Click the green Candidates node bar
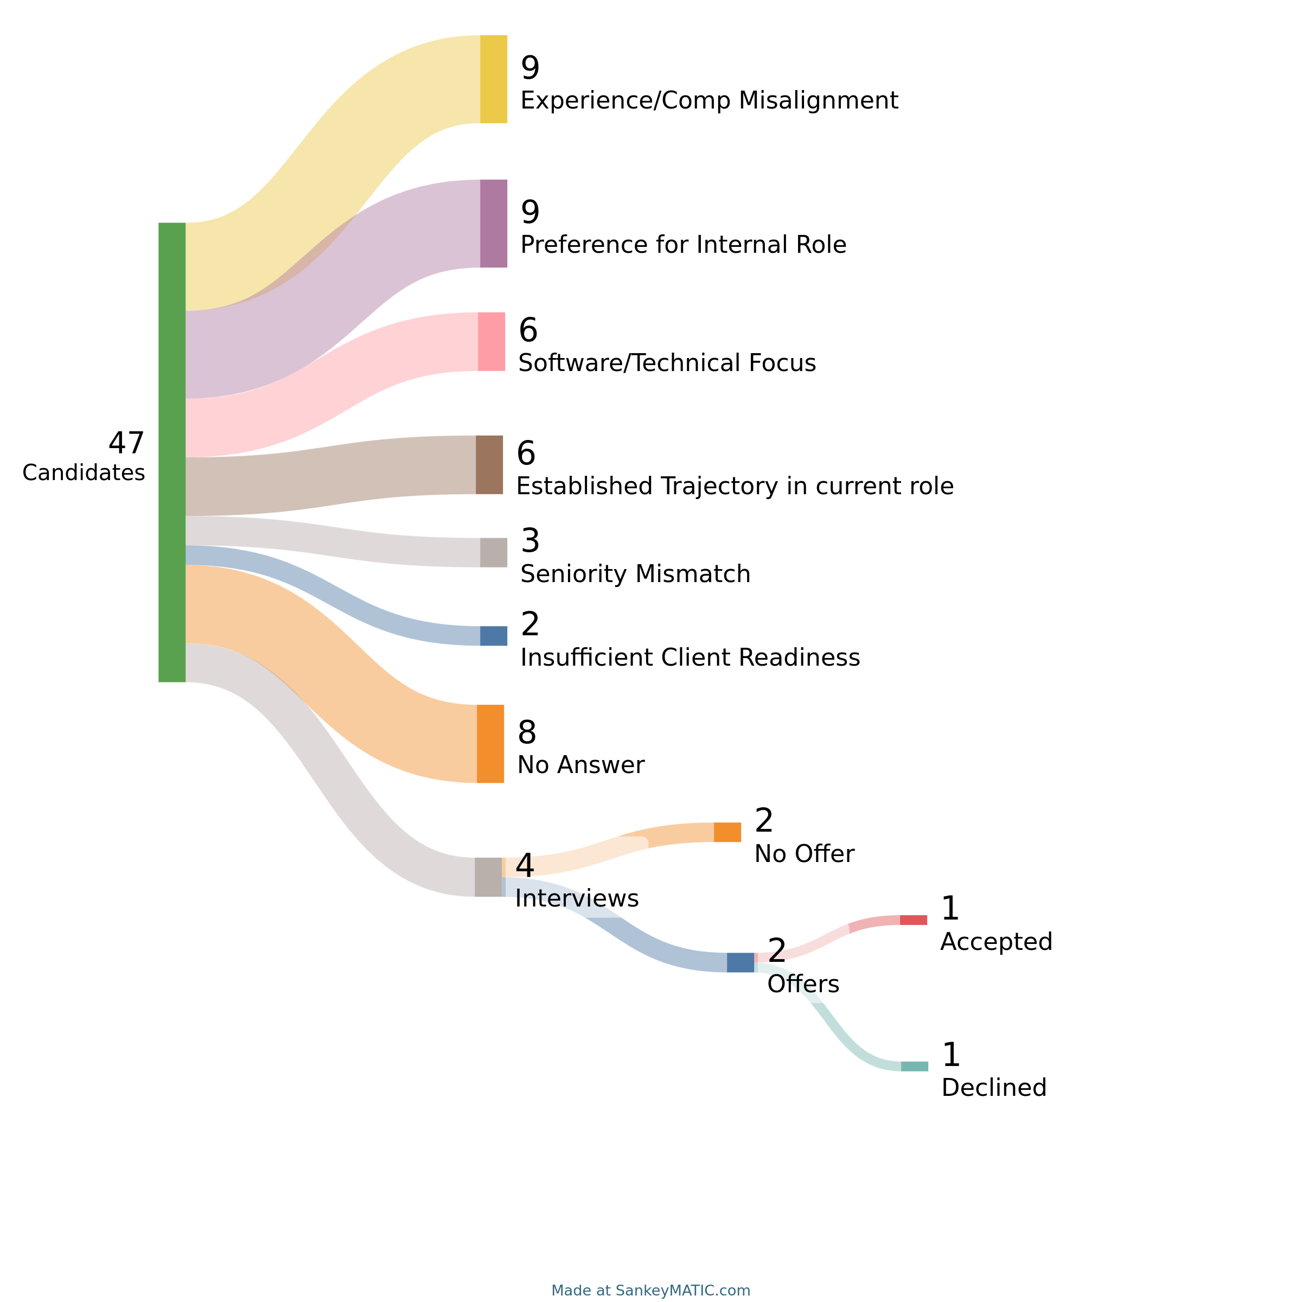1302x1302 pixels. (x=172, y=451)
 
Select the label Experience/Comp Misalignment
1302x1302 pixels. (x=709, y=100)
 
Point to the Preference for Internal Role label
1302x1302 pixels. (x=684, y=244)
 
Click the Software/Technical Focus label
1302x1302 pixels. (x=667, y=362)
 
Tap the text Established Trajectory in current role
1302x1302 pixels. (x=735, y=486)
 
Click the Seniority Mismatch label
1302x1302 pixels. (x=635, y=573)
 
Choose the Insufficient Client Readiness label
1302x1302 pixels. (x=690, y=657)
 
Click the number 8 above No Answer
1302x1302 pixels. (x=527, y=732)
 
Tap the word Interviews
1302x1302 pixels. (x=577, y=898)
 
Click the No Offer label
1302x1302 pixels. (x=804, y=853)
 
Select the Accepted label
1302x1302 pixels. (x=996, y=941)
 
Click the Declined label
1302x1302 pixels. (x=994, y=1087)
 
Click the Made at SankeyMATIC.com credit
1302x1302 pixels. (x=650, y=1290)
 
